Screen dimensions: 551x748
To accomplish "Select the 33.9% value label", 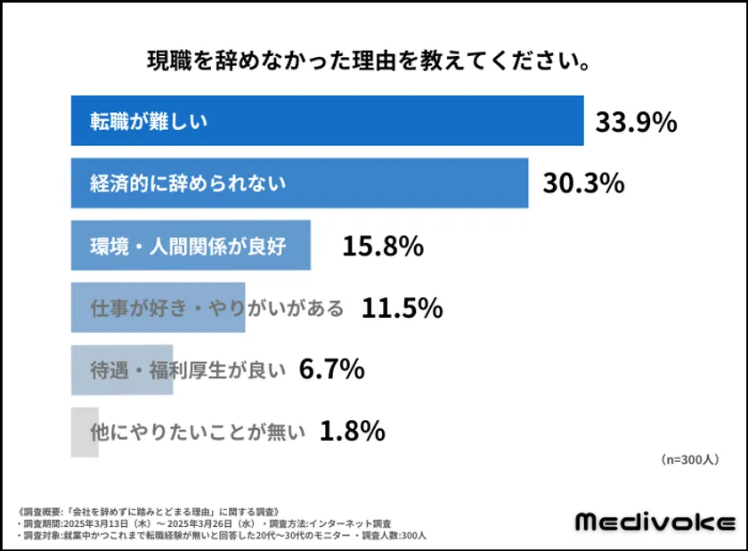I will click(x=636, y=122).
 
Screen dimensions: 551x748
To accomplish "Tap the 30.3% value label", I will click(x=583, y=183).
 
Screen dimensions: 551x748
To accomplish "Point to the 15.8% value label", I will click(x=382, y=247).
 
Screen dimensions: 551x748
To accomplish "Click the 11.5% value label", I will click(x=402, y=308).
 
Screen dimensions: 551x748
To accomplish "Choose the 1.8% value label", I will click(x=352, y=432).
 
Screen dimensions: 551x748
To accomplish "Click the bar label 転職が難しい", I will click(x=148, y=121).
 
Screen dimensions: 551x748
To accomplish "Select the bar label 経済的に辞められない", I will click(x=188, y=183).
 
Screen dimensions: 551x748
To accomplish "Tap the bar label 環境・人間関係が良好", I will click(x=188, y=247).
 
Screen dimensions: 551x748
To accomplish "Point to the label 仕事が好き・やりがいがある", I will click(x=217, y=308).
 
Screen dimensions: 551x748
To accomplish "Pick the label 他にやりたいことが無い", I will click(x=198, y=432).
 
